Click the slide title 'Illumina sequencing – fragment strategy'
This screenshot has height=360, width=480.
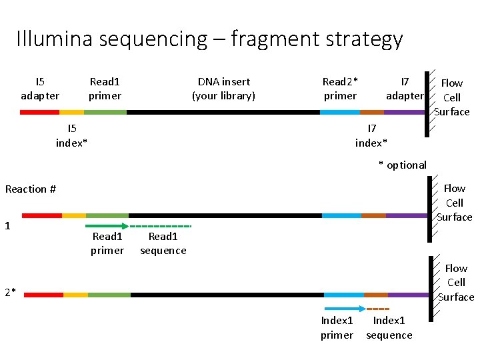(209, 39)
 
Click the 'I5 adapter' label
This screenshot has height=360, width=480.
(40, 89)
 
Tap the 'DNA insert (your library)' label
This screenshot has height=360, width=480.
(223, 89)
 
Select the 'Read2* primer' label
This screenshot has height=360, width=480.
(340, 89)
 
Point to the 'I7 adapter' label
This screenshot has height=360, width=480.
(405, 89)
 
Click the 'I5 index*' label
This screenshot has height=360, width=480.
(72, 135)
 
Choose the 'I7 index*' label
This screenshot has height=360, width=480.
(371, 135)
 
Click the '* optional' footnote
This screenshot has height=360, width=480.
(403, 165)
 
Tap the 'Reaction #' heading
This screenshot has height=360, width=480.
(31, 189)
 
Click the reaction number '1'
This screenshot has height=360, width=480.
(7, 226)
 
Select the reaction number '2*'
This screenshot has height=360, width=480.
(10, 292)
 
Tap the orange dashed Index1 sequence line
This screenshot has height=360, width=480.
(377, 309)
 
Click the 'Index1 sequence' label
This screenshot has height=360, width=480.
(389, 328)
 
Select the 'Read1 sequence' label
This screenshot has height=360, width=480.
(163, 243)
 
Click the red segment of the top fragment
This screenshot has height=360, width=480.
(39, 112)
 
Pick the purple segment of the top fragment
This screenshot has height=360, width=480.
(404, 112)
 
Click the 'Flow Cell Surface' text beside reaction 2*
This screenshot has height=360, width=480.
(456, 283)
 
